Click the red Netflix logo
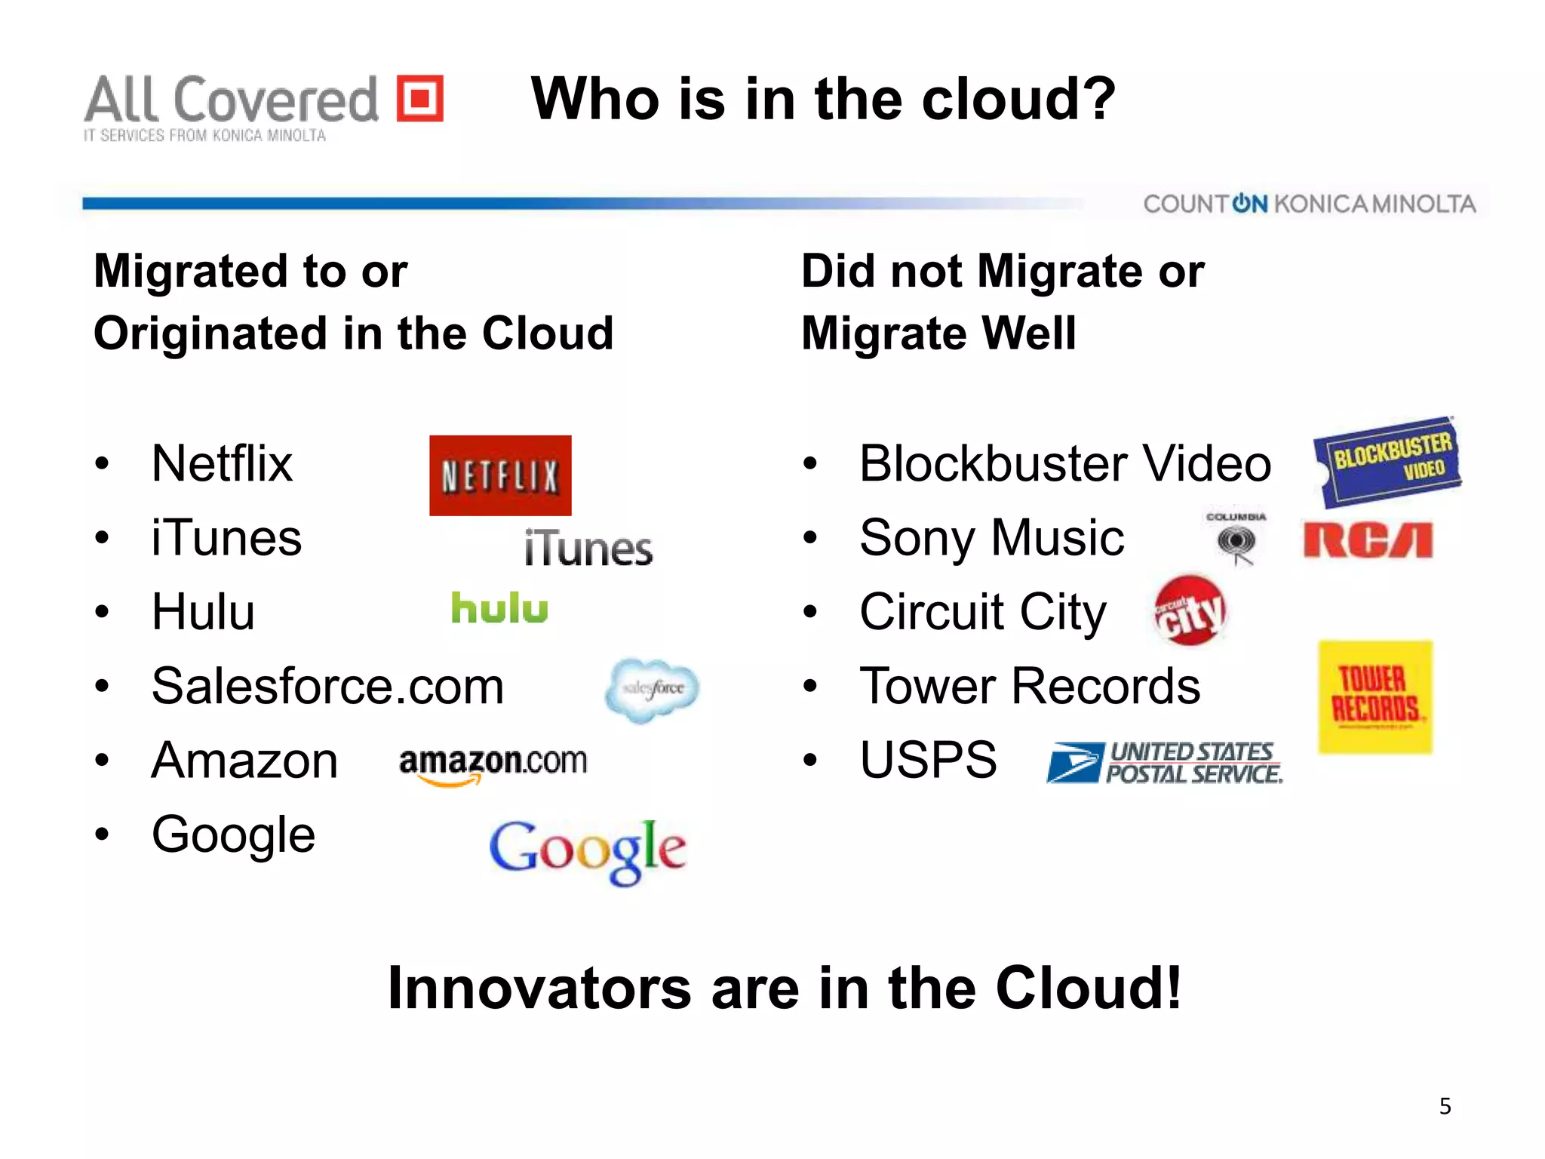(x=500, y=475)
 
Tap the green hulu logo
(x=499, y=608)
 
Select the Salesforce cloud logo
(x=653, y=689)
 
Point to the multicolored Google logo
(x=588, y=850)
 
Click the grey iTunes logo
(x=588, y=549)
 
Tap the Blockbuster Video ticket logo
(x=1388, y=461)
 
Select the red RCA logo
(x=1368, y=540)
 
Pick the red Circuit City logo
(x=1190, y=610)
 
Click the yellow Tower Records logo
(x=1375, y=696)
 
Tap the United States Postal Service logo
(x=1165, y=763)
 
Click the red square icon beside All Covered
(x=420, y=98)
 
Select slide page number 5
(x=1445, y=1106)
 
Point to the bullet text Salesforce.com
(x=327, y=687)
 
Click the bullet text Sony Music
(x=991, y=538)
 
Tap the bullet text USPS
(x=928, y=760)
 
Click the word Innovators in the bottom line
(x=539, y=988)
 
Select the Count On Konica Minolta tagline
(x=1309, y=204)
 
